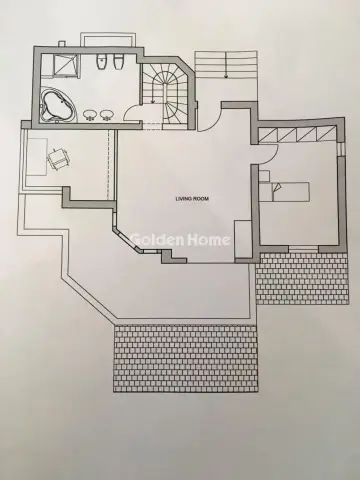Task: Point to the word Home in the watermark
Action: point(212,240)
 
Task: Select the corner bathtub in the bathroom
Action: point(54,103)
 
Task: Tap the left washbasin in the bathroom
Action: point(88,113)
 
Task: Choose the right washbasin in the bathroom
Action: point(105,113)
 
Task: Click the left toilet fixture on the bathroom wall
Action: point(100,63)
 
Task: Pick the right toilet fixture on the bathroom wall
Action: point(117,64)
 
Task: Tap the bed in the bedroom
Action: point(290,189)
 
